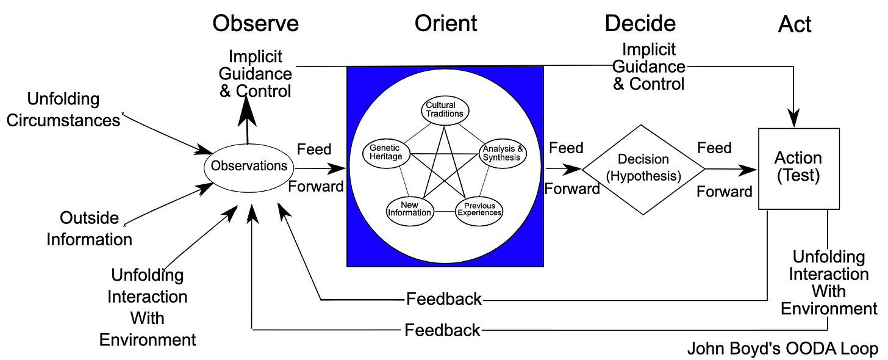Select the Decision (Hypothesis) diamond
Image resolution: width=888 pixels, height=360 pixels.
pos(643,169)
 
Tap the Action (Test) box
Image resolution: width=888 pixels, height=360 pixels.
pos(798,168)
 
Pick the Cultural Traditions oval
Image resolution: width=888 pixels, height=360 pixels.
pos(445,109)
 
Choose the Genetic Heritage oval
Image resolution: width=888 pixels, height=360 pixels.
pos(385,153)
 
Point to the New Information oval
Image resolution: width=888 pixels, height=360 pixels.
pos(410,209)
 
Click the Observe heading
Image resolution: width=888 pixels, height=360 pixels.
pos(256,23)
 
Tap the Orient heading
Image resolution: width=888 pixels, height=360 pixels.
pos(446,23)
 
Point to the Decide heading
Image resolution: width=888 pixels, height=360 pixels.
pos(640,23)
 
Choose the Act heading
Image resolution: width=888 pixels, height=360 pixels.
pos(795,24)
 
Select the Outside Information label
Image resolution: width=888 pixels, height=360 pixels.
pos(90,228)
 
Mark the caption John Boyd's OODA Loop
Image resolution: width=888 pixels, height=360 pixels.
pos(784,349)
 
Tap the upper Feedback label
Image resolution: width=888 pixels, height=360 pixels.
pos(443,300)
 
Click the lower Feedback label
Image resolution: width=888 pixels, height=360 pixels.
pos(442,331)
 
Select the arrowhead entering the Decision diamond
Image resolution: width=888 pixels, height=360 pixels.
pos(572,168)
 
